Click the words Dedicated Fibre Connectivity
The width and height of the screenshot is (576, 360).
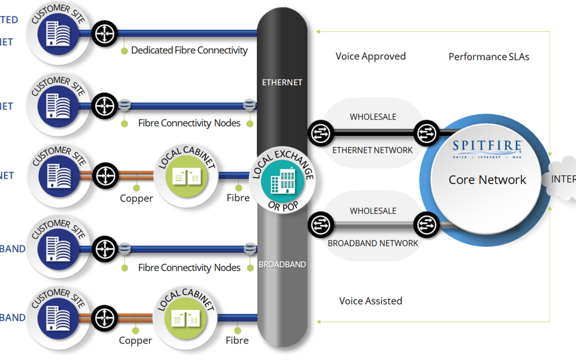click(189, 51)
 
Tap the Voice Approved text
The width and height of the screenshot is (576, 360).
click(370, 57)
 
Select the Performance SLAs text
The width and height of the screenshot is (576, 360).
click(489, 57)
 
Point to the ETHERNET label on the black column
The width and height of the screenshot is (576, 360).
click(282, 83)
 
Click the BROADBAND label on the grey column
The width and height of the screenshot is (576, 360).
click(282, 265)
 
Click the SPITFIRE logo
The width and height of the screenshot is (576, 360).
click(487, 148)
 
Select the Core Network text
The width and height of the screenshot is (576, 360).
click(487, 180)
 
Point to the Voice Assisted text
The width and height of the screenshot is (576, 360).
click(370, 301)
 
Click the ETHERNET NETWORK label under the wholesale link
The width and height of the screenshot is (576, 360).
click(372, 150)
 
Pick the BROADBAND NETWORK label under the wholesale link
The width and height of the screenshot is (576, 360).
click(372, 243)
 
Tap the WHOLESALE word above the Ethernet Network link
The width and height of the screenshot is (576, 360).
click(373, 117)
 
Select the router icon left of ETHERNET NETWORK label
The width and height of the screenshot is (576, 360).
click(319, 132)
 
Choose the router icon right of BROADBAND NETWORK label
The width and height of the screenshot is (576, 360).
click(427, 225)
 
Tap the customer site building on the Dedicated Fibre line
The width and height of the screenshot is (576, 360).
click(58, 34)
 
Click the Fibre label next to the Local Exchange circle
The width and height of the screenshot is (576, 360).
click(238, 198)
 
